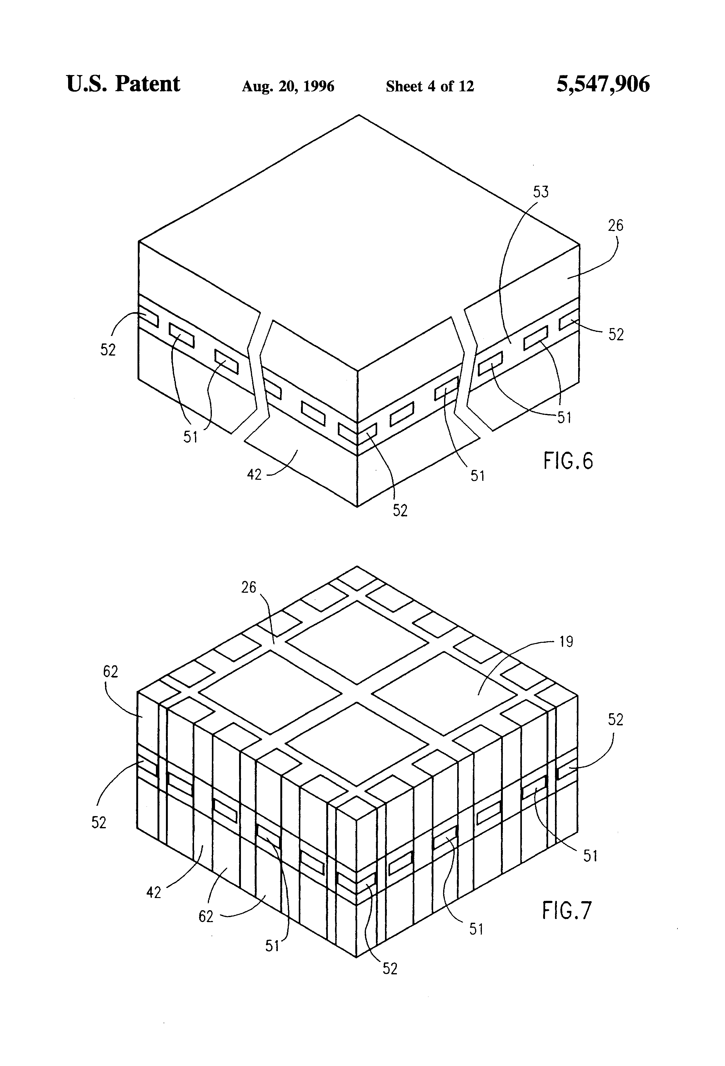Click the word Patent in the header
[x=147, y=84]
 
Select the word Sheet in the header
[x=404, y=86]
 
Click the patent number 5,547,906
[x=602, y=84]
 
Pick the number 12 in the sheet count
[x=466, y=86]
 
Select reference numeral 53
[x=541, y=192]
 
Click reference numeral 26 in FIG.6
[x=616, y=225]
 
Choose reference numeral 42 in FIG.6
[x=254, y=474]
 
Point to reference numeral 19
[x=567, y=642]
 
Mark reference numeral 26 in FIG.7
[x=249, y=587]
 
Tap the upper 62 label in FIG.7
[x=110, y=672]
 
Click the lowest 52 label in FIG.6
[x=400, y=510]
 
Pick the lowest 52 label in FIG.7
[x=390, y=968]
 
